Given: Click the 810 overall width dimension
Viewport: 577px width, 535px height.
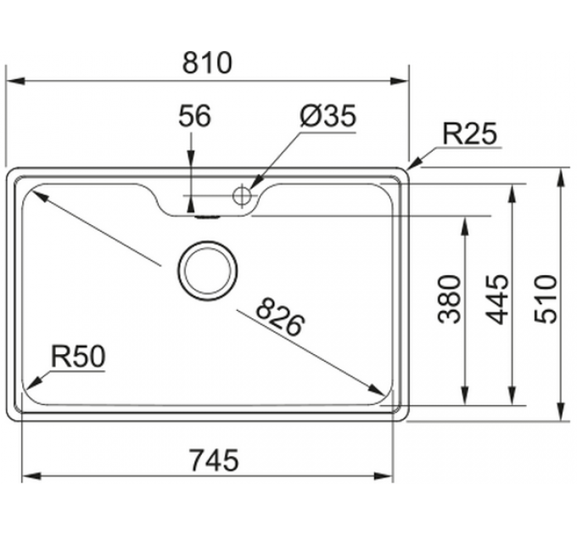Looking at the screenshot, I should tap(207, 62).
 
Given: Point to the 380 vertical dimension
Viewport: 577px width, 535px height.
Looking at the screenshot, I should tap(451, 299).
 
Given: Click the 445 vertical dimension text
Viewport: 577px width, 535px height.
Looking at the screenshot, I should tap(500, 299).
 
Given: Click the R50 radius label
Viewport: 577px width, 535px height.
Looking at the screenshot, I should tap(78, 357).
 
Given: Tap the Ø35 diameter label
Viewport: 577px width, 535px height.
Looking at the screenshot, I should tap(328, 116).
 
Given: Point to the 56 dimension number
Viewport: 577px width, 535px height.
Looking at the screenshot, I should tap(194, 116).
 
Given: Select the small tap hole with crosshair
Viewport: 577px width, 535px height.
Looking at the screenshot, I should tap(242, 196).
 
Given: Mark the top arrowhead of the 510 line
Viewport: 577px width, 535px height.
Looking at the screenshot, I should tap(562, 175).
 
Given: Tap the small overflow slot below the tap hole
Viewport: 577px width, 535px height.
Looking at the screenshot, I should tap(206, 216).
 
